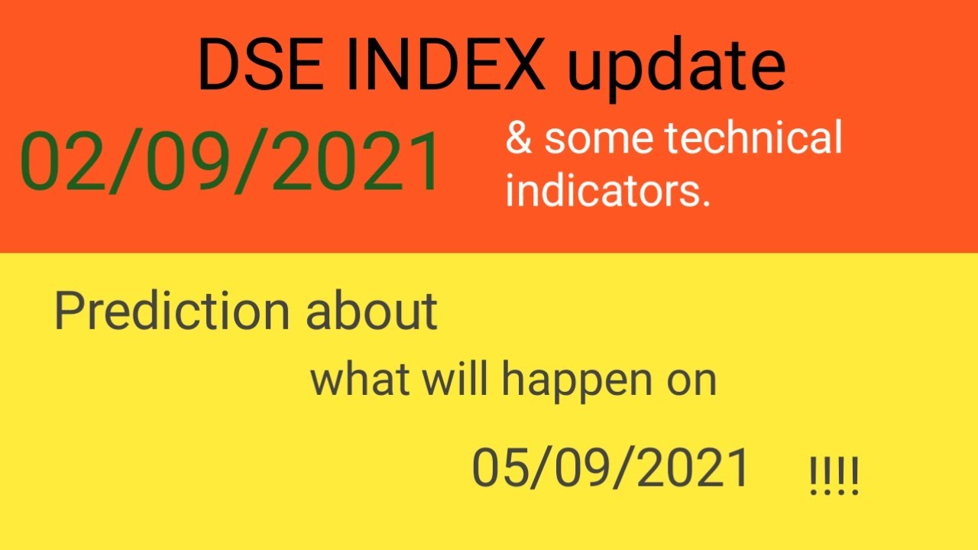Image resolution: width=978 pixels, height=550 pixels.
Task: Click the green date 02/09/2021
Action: (231, 162)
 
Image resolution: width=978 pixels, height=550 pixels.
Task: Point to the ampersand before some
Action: (519, 139)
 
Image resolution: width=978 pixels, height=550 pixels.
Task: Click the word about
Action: (372, 311)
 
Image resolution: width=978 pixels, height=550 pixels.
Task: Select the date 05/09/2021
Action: (610, 467)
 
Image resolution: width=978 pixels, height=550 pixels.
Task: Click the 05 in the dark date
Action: (498, 467)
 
